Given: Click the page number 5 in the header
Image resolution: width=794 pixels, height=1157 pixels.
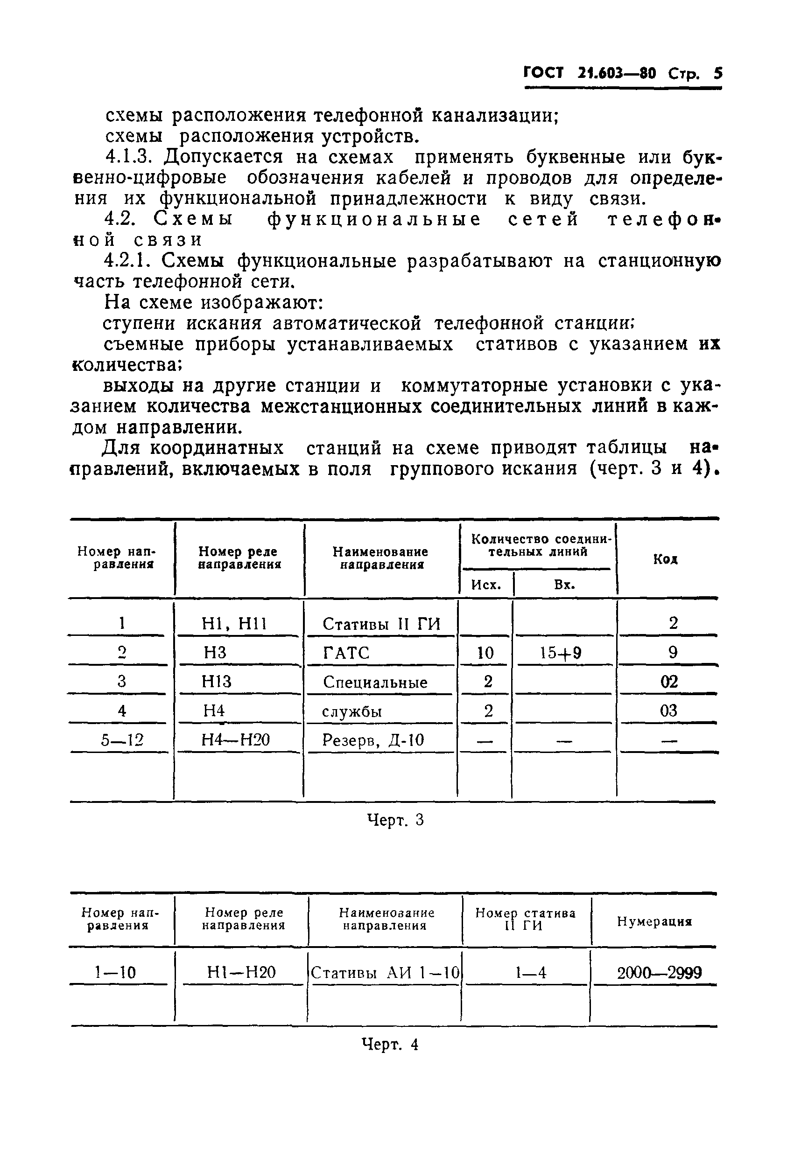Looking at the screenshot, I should coord(717,74).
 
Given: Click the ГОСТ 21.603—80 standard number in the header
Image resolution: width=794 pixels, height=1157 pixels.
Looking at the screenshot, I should coord(590,74).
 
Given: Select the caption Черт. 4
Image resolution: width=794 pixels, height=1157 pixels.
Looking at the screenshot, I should coord(390,1044).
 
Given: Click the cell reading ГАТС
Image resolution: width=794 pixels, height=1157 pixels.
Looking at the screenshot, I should coord(346,653).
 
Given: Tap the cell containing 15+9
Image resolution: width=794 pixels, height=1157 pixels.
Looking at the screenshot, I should coord(561,653).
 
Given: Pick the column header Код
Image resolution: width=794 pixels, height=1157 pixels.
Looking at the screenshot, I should coord(666,559).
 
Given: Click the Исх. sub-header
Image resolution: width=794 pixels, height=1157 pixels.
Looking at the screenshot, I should coord(486,585).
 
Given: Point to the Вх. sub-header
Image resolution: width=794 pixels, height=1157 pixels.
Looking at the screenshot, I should coord(564,585).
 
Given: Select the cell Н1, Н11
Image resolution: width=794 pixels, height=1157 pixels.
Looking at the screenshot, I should coord(234,623).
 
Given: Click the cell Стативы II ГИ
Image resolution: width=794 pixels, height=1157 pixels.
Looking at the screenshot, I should coord(381,624).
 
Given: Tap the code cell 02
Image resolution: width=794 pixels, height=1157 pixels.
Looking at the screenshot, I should coord(669,682).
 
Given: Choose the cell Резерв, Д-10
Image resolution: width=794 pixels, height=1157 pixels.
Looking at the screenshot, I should coord(373,740).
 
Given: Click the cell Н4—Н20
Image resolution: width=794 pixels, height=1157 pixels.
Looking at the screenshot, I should coord(236,740).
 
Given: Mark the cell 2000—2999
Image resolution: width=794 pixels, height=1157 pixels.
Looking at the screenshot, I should coord(659,972).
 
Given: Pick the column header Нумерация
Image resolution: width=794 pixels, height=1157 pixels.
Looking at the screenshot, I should coord(654,921).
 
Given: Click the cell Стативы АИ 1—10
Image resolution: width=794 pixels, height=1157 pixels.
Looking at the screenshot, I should coord(385,973).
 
